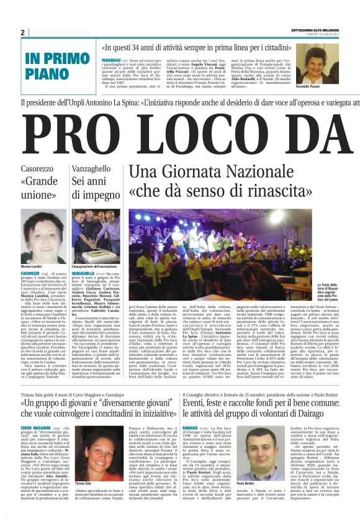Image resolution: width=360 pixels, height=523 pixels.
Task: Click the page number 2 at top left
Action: click(x=22, y=32)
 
